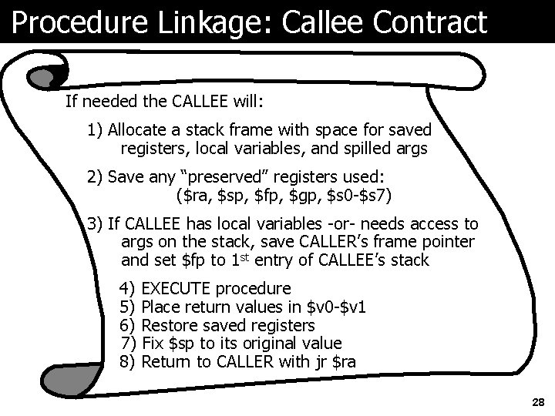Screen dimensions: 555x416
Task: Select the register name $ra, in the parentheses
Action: pos(189,196)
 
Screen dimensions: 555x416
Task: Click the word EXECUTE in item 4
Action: pos(178,289)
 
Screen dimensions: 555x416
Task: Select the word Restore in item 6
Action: pos(170,325)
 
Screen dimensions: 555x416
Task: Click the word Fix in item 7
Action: pos(153,343)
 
